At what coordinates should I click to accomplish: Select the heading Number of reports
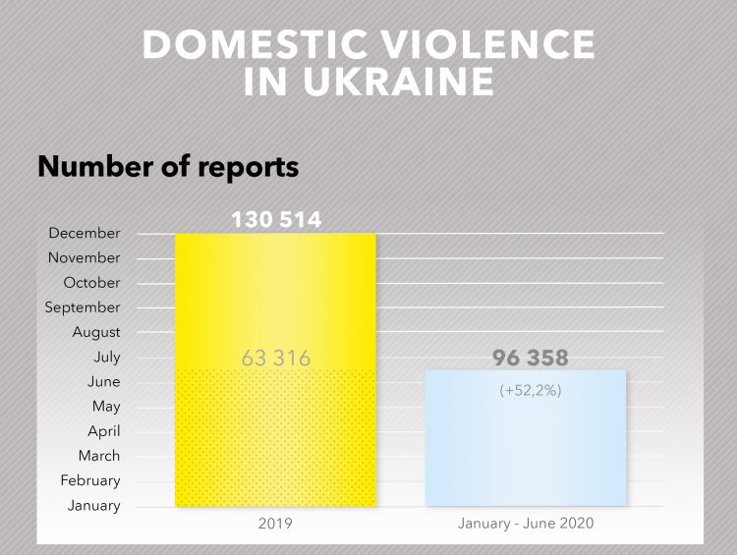pyautogui.click(x=167, y=166)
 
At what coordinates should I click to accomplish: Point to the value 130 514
pyautogui.click(x=276, y=219)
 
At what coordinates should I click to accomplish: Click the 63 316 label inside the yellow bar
pyautogui.click(x=276, y=359)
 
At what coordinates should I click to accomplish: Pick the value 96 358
pyautogui.click(x=531, y=358)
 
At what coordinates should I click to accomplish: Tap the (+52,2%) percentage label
pyautogui.click(x=531, y=390)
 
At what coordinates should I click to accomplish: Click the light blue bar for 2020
pyautogui.click(x=526, y=452)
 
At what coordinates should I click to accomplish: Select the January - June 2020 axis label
pyautogui.click(x=526, y=525)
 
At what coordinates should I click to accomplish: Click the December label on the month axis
pyautogui.click(x=85, y=234)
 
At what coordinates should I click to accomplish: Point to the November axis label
pyautogui.click(x=85, y=258)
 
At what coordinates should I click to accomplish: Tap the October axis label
pyautogui.click(x=91, y=283)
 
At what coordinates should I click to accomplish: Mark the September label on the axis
pyautogui.click(x=83, y=307)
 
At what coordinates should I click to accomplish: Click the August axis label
pyautogui.click(x=96, y=332)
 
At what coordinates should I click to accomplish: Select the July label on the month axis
pyautogui.click(x=107, y=358)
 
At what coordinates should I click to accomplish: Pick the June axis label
pyautogui.click(x=104, y=382)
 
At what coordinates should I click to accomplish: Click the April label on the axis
pyautogui.click(x=104, y=431)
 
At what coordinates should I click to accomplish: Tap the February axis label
pyautogui.click(x=90, y=480)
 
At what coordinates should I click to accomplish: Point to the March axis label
pyautogui.click(x=99, y=456)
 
